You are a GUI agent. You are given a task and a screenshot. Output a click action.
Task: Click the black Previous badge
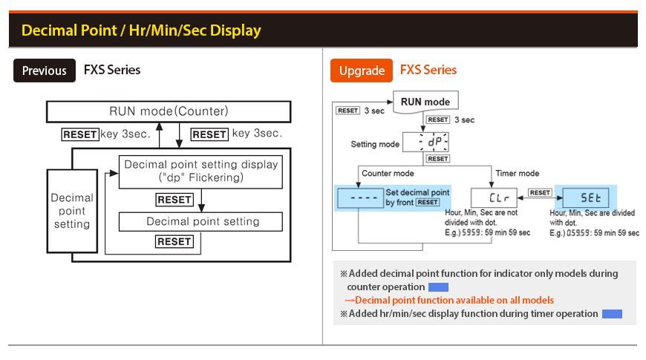click(x=45, y=71)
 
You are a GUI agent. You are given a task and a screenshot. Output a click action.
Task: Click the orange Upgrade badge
click(x=361, y=71)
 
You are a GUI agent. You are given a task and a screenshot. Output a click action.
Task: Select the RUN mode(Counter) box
click(x=168, y=112)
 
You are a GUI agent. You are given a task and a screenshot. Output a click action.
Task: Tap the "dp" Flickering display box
click(x=200, y=171)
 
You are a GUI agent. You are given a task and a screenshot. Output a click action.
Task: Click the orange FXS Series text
click(x=428, y=71)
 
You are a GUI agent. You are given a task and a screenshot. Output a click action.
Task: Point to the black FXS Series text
click(x=112, y=71)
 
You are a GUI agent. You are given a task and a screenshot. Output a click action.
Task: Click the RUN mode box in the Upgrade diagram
click(x=425, y=102)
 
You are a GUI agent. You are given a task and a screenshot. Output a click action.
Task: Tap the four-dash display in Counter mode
click(x=359, y=198)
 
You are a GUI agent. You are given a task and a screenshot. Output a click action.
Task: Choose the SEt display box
click(x=585, y=197)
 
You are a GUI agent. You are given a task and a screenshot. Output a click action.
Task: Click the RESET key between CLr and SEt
click(x=540, y=193)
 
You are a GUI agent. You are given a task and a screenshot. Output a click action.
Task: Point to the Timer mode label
click(x=517, y=173)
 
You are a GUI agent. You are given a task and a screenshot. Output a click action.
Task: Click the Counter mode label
click(x=388, y=173)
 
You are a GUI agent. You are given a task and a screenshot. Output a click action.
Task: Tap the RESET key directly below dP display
click(x=438, y=159)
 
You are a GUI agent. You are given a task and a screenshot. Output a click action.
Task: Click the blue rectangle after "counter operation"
click(x=438, y=287)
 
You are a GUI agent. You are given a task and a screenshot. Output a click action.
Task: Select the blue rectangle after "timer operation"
click(x=612, y=314)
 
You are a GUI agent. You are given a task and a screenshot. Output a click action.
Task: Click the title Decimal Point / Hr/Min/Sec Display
click(x=141, y=30)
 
